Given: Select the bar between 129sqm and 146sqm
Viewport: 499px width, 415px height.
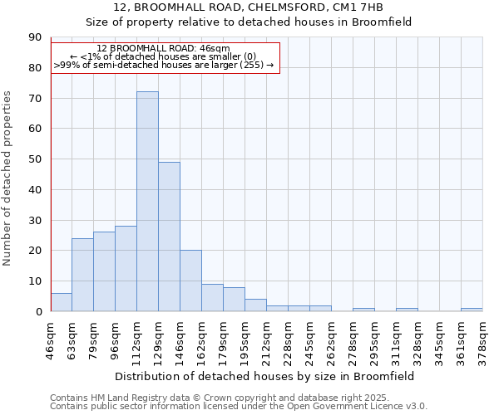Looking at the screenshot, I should point(169,237).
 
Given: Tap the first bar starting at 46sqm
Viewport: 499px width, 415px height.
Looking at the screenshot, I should point(61,302).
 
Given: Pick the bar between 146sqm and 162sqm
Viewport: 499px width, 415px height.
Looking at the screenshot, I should point(190,281).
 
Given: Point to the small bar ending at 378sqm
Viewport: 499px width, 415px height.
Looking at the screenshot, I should point(472,310).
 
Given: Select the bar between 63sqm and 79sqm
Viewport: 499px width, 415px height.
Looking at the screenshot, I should point(82,275).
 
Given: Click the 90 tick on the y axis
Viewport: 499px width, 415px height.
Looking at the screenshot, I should point(35,37).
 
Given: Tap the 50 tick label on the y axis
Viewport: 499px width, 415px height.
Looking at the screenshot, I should point(35,159).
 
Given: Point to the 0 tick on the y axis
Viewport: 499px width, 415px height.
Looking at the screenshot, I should point(38,312).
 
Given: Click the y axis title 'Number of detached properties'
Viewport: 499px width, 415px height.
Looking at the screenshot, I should point(8,178).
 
